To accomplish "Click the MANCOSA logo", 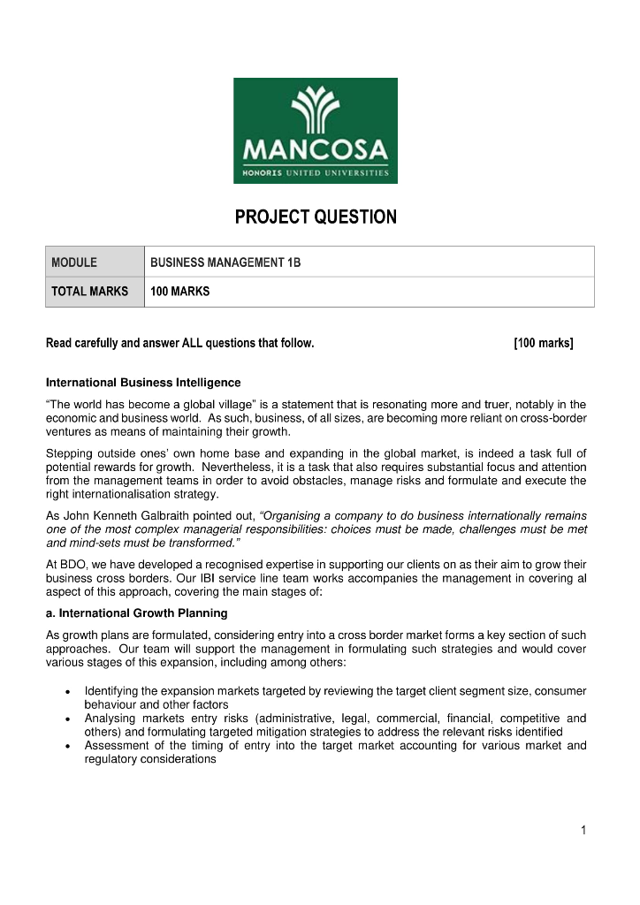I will tap(316, 131).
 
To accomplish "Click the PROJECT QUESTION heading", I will tap(316, 217).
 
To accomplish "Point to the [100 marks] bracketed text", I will tap(543, 343).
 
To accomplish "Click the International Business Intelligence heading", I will tap(142, 383).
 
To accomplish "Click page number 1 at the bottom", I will tap(583, 830).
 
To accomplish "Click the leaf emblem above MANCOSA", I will tap(316, 110).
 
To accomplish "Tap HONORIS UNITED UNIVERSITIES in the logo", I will tap(316, 172).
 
